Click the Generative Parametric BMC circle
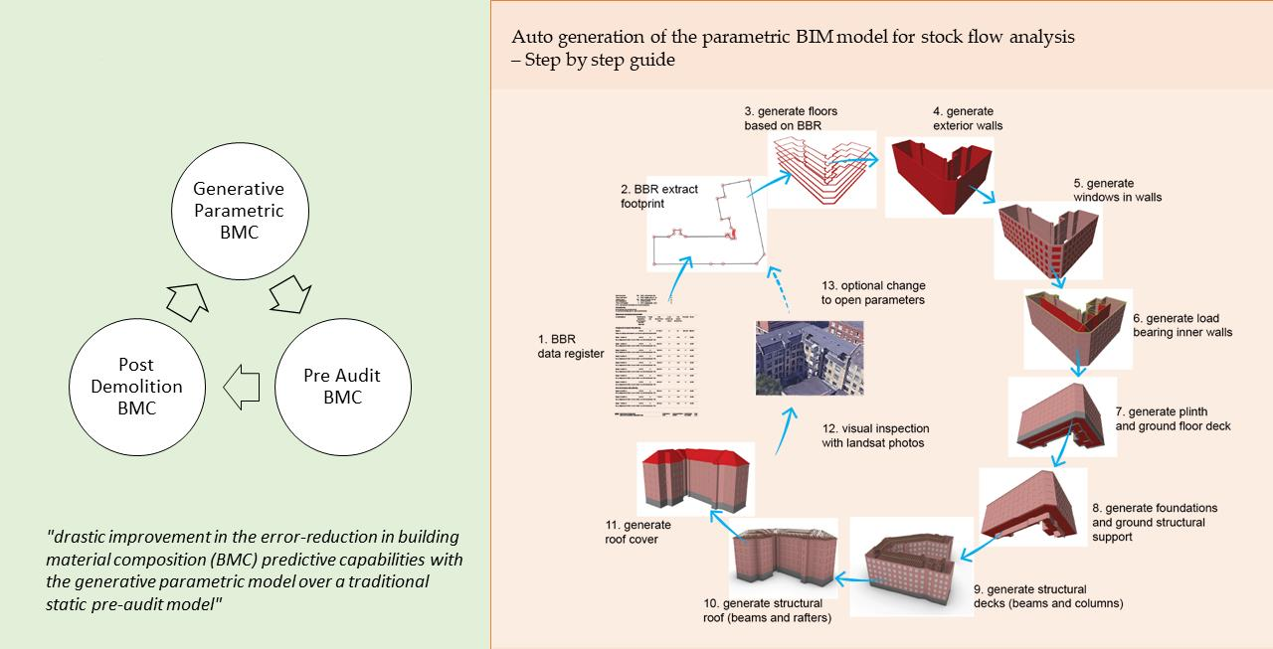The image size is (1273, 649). tap(238, 211)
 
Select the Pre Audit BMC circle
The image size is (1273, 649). tap(341, 387)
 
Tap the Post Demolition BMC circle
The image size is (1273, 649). tap(139, 387)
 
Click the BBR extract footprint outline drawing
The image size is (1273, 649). tap(708, 227)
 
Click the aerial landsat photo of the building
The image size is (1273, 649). tap(808, 359)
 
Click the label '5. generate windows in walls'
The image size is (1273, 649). tap(1117, 191)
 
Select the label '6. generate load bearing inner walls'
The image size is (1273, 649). tap(1182, 325)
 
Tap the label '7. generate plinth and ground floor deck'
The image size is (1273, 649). tap(1173, 418)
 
